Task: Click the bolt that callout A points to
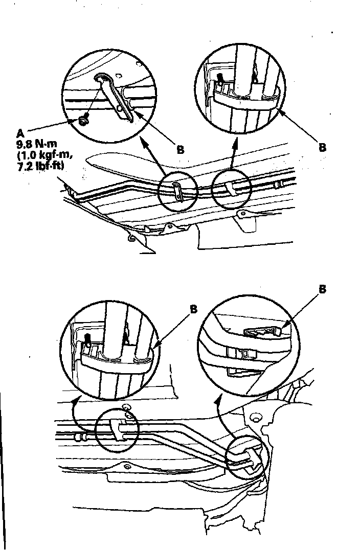[82, 121]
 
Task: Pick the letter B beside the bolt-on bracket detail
[180, 150]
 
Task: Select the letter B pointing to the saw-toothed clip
[323, 289]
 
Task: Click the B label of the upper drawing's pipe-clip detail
[323, 147]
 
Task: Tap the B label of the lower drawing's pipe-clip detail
[193, 309]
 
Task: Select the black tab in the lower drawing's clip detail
[88, 339]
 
